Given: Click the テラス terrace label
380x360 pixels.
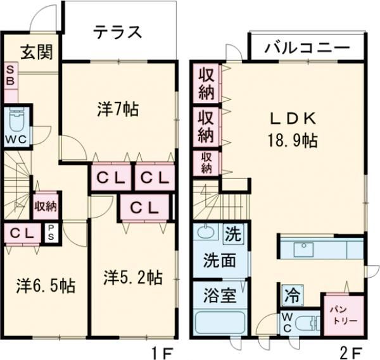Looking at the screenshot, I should coord(118,32).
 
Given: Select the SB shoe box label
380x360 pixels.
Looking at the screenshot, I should coord(11,77).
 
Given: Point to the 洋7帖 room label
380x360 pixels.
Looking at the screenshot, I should coord(118,109).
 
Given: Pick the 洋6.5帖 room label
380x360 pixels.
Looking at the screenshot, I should coord(46,286).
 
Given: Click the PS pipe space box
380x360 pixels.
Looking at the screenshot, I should coord(51,233).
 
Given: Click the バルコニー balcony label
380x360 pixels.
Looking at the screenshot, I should coord(307,47).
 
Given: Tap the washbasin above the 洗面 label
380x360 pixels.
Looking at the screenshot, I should coord(206,233).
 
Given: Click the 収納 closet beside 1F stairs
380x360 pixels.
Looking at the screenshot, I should coord(46,206).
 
